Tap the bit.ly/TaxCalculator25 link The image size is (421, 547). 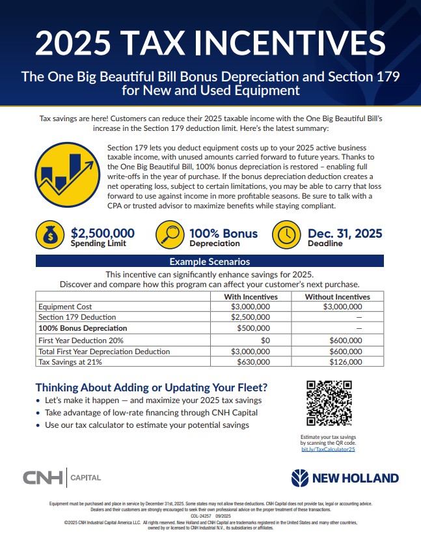(x=328, y=449)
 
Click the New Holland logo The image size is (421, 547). (x=345, y=479)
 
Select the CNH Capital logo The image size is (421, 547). (x=62, y=478)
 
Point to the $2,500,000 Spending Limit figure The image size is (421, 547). (x=102, y=233)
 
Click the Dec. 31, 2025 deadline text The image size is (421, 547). (x=344, y=233)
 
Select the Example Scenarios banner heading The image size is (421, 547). (x=210, y=262)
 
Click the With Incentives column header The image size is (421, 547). (x=251, y=297)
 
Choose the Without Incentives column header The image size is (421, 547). (x=337, y=297)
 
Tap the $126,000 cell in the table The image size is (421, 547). (x=346, y=362)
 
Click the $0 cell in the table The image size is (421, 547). (x=265, y=340)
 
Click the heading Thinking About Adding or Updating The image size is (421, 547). (x=152, y=387)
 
